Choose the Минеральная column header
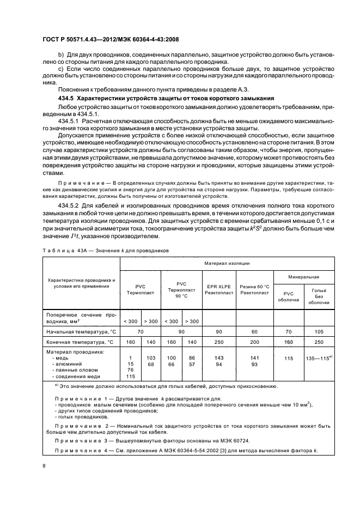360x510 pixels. (x=304, y=277)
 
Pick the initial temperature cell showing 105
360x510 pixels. (x=318, y=331)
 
